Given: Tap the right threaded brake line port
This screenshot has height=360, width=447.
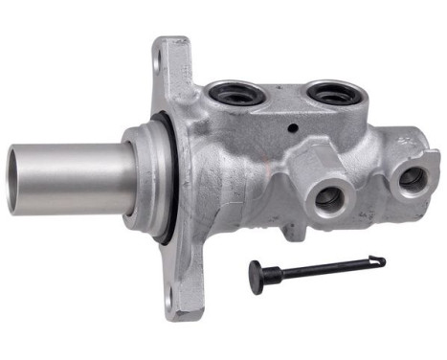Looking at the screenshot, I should click(413, 178).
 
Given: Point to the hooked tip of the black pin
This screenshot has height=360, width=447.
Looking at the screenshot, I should click(381, 259).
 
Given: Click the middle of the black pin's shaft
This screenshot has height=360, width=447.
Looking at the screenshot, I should click(325, 267).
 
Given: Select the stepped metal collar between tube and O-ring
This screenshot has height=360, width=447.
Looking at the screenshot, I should click(139, 178).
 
